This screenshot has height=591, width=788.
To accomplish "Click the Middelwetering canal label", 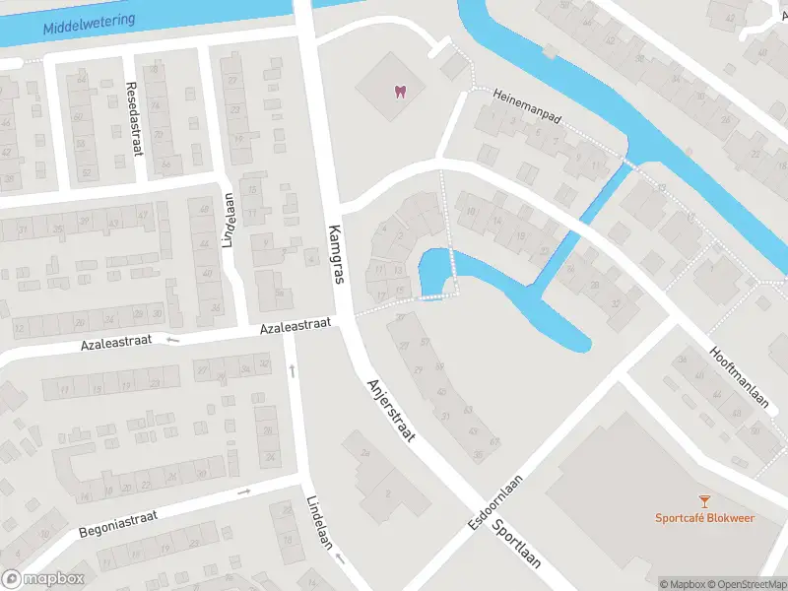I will [x=89, y=20].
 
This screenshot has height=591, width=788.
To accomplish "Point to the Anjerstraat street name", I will [x=390, y=409].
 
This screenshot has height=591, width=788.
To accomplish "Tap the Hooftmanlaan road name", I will [x=738, y=376].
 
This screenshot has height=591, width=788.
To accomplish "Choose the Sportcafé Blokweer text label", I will [x=704, y=518].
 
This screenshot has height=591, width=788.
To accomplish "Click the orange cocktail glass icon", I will [x=704, y=502].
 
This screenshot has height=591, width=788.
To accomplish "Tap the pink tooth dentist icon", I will [x=399, y=92].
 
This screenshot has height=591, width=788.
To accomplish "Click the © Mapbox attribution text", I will [x=682, y=584].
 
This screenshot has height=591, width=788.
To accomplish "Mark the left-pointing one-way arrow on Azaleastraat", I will [x=174, y=341].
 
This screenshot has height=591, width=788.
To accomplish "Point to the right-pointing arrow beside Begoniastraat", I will [x=243, y=492].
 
